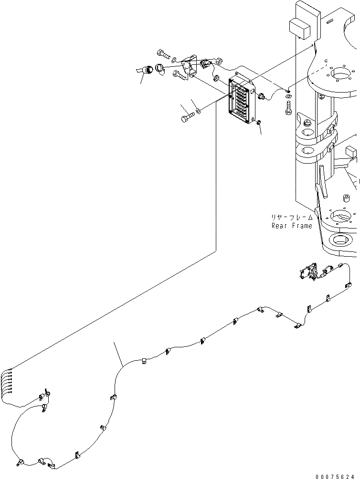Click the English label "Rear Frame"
click(292, 226)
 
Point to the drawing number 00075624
click(334, 474)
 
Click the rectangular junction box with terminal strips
click(244, 101)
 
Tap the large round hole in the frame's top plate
click(342, 73)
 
